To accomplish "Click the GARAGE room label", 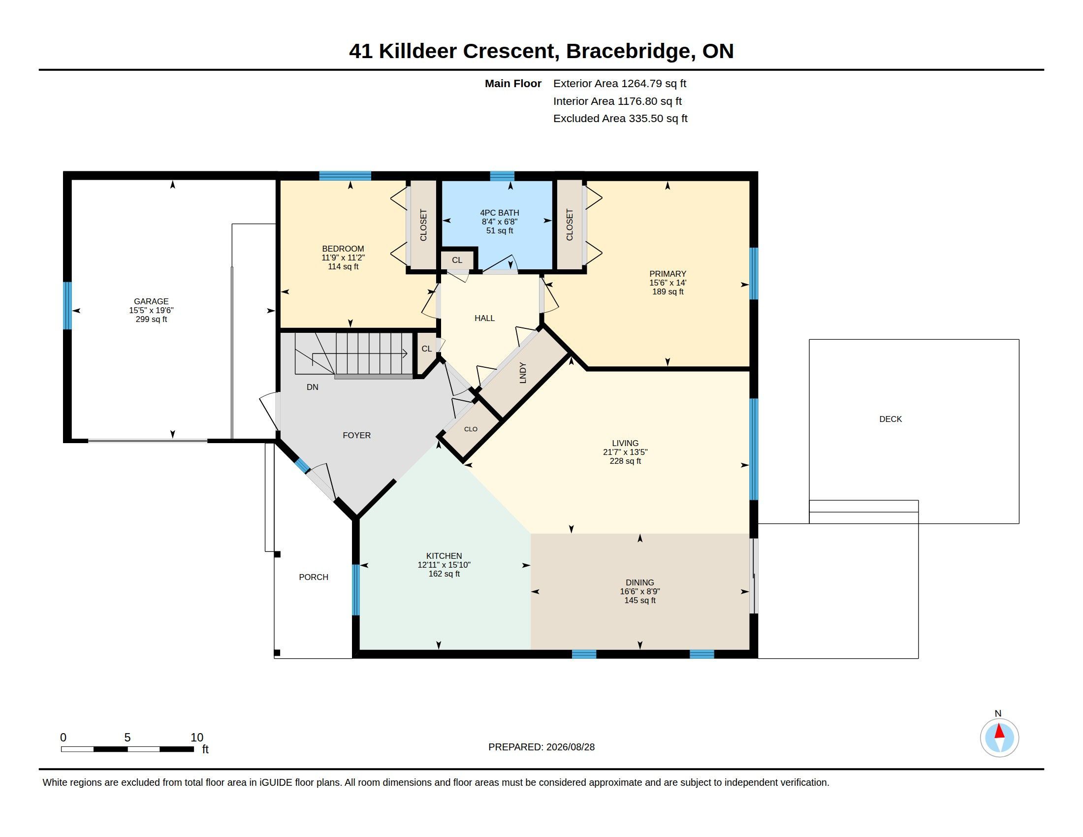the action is tap(151, 301).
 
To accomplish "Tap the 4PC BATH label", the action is tap(499, 213).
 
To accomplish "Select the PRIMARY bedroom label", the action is tap(668, 274).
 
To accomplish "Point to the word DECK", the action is tap(890, 419).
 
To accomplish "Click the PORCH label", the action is tap(314, 577).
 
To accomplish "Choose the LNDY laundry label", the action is tap(523, 373).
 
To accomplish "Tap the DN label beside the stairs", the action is tap(313, 387).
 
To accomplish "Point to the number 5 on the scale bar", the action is tap(127, 738).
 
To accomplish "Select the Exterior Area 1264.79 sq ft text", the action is tap(619, 83).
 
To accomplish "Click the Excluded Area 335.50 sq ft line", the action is tap(620, 119).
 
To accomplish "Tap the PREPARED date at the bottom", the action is tap(541, 747).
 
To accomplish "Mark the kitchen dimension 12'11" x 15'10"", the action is tap(444, 565).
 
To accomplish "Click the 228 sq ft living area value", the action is tap(625, 461).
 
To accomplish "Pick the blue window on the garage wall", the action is tap(67, 305).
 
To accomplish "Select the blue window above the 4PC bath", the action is tap(502, 176).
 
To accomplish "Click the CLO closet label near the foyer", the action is tap(471, 429).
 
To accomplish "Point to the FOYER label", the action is tap(356, 435).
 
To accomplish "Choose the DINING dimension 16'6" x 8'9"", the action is tap(639, 591).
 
